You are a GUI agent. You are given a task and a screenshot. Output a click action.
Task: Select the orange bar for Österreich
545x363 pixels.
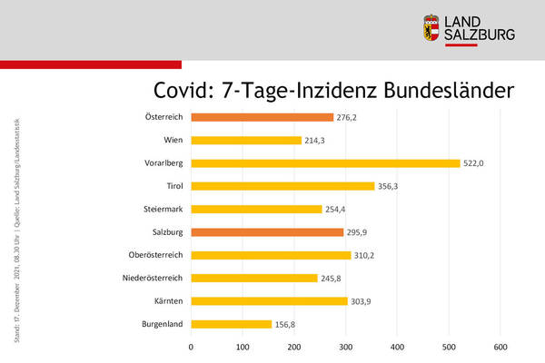263,117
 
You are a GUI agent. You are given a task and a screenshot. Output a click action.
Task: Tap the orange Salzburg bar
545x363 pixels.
267,232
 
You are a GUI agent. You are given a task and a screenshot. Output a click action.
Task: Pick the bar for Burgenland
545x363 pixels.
232,324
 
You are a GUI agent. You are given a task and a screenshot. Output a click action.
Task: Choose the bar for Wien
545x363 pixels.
246,141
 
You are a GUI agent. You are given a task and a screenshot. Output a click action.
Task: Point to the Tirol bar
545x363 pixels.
282,186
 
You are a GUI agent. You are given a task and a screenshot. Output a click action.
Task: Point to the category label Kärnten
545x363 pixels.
168,300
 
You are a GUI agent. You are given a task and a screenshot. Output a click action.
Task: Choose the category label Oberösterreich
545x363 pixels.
155,255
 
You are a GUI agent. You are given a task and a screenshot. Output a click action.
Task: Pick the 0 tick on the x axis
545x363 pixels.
192,347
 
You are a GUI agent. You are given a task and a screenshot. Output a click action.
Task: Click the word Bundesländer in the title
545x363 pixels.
447,91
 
